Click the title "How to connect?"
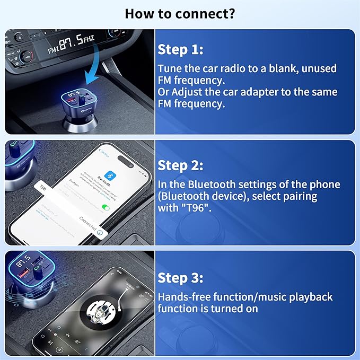point(180,13)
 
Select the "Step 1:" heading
point(180,50)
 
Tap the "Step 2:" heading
point(180,165)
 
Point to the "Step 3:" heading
point(180,278)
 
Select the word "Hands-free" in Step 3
point(183,297)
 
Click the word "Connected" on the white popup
point(88,223)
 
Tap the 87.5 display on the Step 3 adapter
point(22,264)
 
